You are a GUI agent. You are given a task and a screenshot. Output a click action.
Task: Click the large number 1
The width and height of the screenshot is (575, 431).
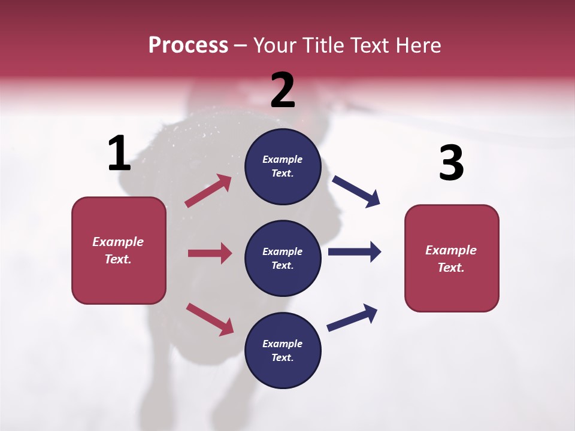click(x=119, y=154)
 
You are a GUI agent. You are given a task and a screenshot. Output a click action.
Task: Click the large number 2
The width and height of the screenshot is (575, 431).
click(x=283, y=90)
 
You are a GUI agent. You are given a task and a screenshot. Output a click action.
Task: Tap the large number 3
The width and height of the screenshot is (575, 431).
click(x=451, y=163)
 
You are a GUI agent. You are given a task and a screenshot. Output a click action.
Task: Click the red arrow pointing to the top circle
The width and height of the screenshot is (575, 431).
click(x=208, y=190)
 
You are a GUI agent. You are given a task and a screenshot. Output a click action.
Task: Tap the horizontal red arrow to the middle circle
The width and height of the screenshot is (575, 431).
click(x=210, y=253)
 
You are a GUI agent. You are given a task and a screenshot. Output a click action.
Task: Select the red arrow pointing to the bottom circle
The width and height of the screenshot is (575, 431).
click(x=210, y=318)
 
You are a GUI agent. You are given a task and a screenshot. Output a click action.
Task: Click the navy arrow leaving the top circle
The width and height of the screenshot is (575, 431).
click(x=356, y=191)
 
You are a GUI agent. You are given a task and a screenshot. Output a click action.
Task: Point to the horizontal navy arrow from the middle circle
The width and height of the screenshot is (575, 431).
click(x=354, y=251)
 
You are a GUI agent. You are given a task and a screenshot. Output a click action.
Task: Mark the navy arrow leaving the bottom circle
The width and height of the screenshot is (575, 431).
click(x=352, y=317)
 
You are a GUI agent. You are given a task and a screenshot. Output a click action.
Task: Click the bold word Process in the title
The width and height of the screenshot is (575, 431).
click(x=188, y=45)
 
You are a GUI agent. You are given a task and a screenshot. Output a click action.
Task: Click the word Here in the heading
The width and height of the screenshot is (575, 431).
click(x=417, y=45)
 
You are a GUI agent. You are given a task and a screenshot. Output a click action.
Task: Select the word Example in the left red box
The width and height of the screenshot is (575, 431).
click(x=118, y=242)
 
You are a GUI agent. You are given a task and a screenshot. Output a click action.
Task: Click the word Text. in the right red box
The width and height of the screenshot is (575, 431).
click(x=451, y=268)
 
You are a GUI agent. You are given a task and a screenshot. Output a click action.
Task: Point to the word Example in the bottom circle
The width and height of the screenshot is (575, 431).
click(x=282, y=344)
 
